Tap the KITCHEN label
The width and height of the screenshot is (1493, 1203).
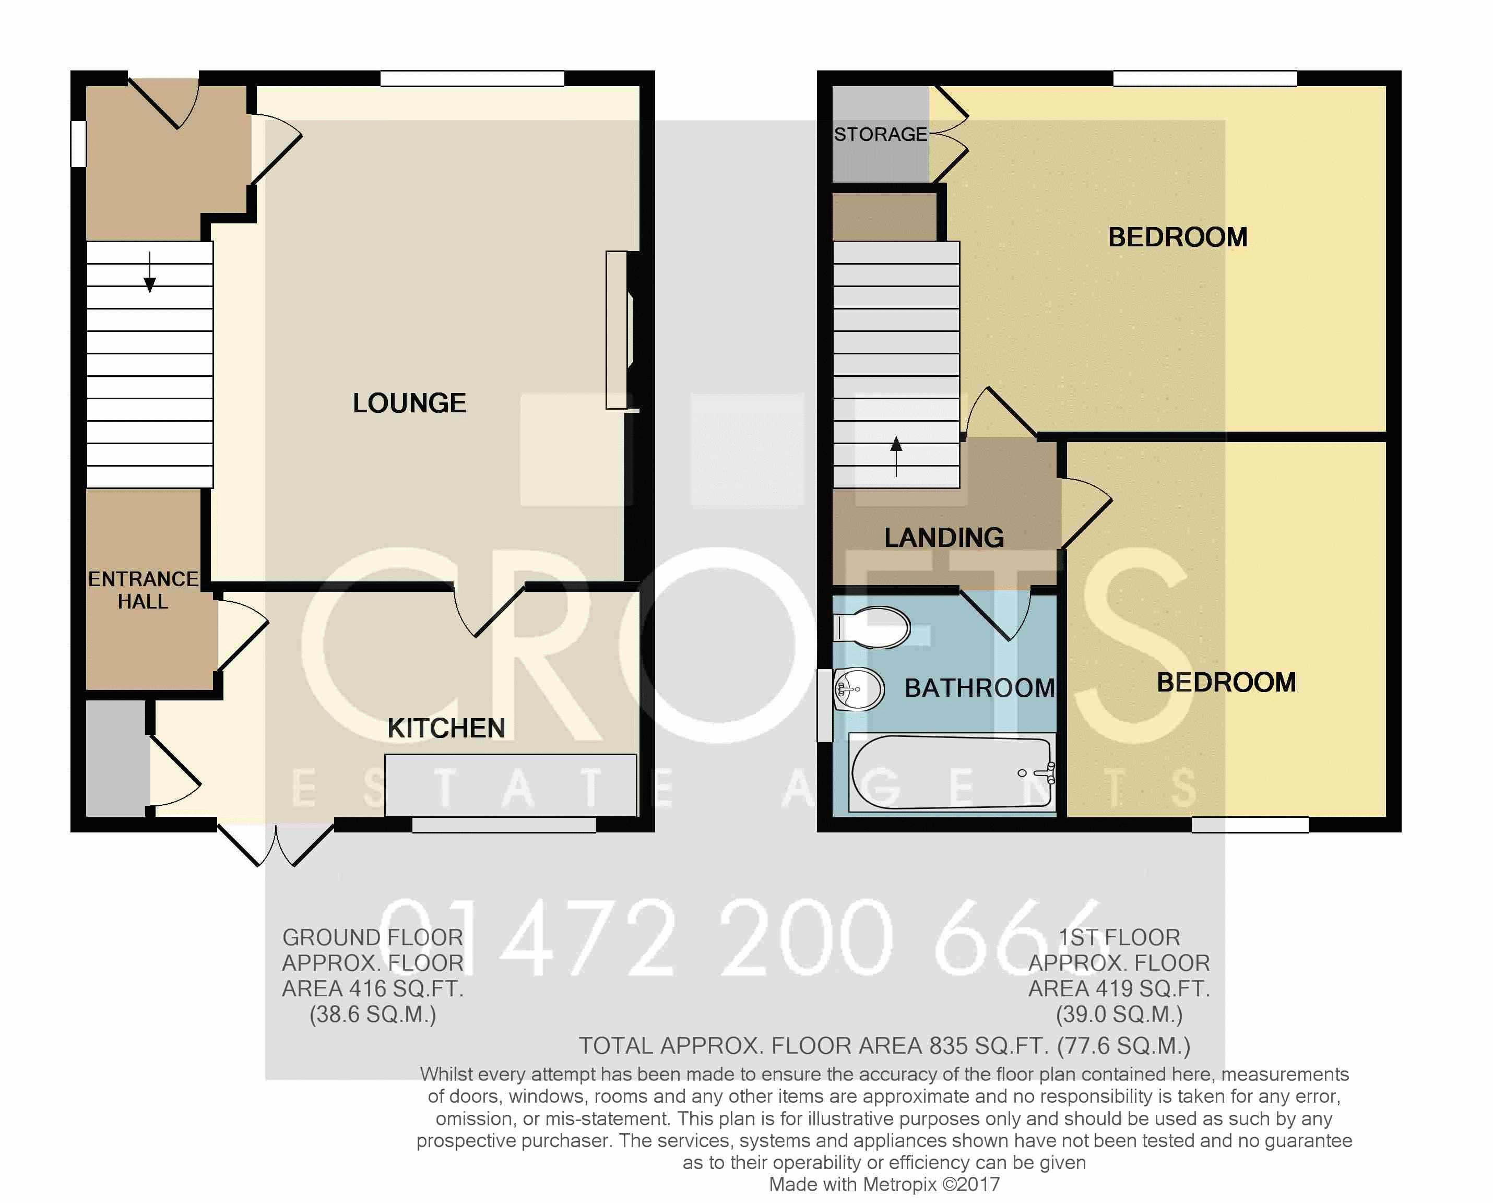pyautogui.click(x=446, y=728)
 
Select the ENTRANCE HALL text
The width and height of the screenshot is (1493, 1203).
pyautogui.click(x=143, y=590)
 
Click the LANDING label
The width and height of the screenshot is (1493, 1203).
pyautogui.click(x=944, y=538)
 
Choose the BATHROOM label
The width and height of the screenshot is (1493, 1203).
pyautogui.click(x=980, y=688)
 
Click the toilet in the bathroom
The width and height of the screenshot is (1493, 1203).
pyautogui.click(x=871, y=627)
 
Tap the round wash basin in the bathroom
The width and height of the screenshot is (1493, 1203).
pyautogui.click(x=858, y=689)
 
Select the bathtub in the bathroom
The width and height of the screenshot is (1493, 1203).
pyautogui.click(x=952, y=772)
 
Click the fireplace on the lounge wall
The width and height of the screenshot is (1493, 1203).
pyautogui.click(x=620, y=330)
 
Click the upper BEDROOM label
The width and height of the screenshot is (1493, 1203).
pyautogui.click(x=1178, y=237)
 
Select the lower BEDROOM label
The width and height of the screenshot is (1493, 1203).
pyautogui.click(x=1226, y=683)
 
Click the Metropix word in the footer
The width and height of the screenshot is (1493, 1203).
pyautogui.click(x=899, y=1185)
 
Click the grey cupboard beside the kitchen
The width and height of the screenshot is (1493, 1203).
pyautogui.click(x=116, y=758)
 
